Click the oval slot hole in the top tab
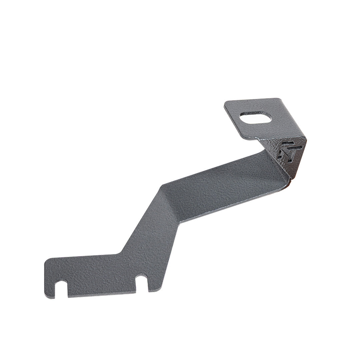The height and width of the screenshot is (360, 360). (x=256, y=117)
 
